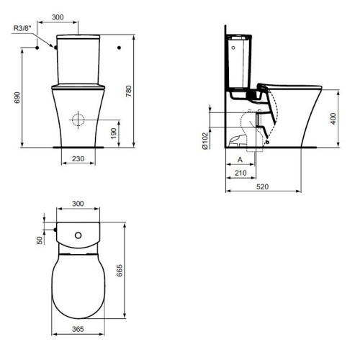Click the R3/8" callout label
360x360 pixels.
point(22,28)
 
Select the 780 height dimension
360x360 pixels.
point(129,91)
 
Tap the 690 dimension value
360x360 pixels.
point(17,97)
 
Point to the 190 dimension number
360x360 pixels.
point(114,133)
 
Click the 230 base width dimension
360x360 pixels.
point(78,158)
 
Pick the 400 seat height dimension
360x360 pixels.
point(333,119)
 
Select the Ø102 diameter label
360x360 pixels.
point(205,141)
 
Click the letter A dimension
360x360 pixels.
point(240,160)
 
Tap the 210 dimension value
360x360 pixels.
point(240,173)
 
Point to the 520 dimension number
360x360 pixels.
point(262,186)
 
